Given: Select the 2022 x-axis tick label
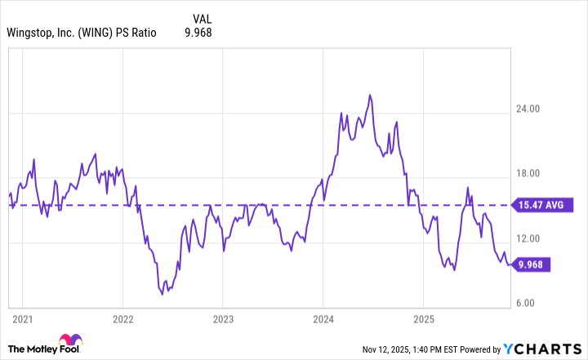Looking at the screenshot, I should click(122, 318).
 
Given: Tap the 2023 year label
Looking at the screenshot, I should click(223, 318).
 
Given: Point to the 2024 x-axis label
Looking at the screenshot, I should click(323, 318).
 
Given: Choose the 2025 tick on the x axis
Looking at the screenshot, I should click(424, 318).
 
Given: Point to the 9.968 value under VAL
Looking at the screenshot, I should click(202, 33).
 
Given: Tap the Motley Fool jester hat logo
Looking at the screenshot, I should click(68, 341).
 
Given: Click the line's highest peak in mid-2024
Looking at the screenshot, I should click(369, 96).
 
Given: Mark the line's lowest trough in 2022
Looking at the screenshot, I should click(163, 293).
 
